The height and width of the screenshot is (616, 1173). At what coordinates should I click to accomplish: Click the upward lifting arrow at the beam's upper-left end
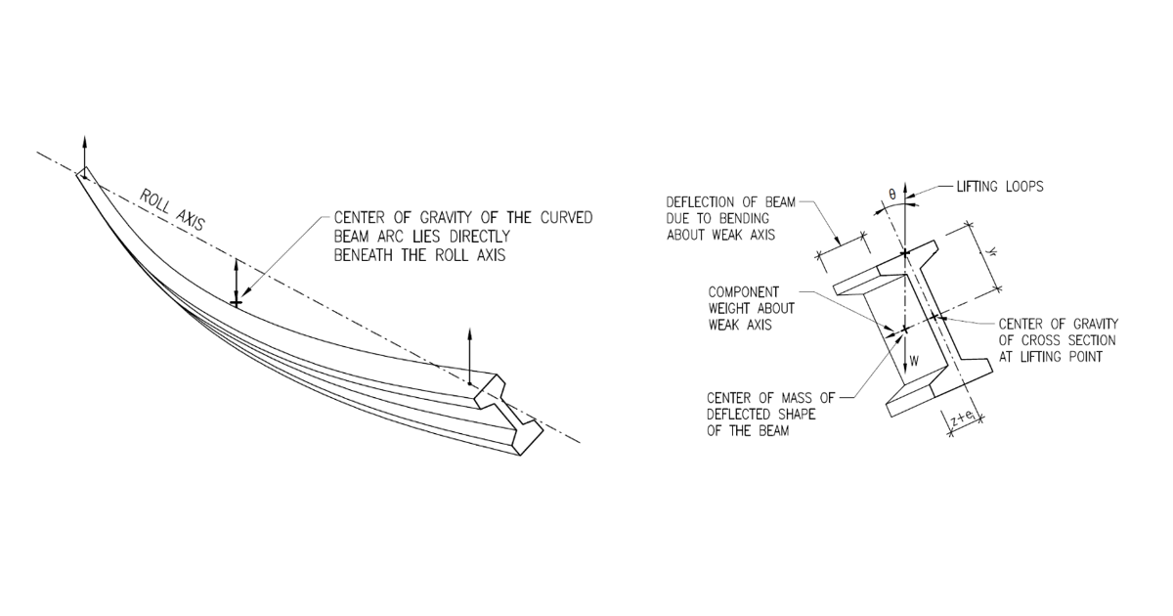point(84,154)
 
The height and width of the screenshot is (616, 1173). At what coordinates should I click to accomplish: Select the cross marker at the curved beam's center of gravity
point(236,302)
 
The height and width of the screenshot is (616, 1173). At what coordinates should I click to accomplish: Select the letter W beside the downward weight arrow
point(916,361)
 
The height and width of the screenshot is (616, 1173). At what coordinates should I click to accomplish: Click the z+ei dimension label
point(963,419)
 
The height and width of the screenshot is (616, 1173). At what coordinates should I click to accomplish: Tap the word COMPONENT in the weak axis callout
point(744,292)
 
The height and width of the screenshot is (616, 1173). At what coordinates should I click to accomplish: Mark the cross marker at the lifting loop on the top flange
point(905,253)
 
